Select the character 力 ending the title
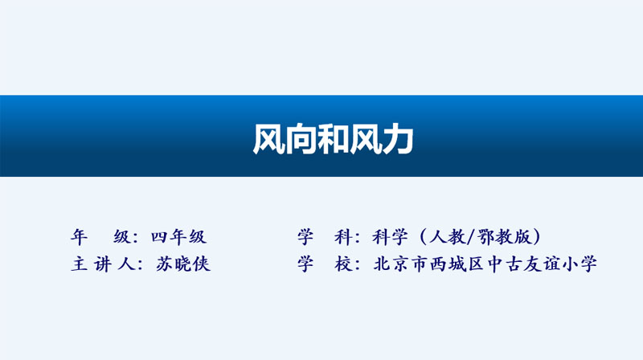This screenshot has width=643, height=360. pyautogui.click(x=398, y=139)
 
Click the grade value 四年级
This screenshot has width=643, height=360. pyautogui.click(x=178, y=237)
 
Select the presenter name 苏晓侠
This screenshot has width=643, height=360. pyautogui.click(x=183, y=264)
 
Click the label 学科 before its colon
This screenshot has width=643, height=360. pyautogui.click(x=325, y=237)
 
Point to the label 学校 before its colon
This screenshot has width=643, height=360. pyautogui.click(x=325, y=264)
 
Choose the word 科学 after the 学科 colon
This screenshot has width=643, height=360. pyautogui.click(x=390, y=237)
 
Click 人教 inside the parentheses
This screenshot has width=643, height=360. pyautogui.click(x=448, y=237)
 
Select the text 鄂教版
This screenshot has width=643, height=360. pyautogui.click(x=504, y=237)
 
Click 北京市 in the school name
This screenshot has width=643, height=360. pyautogui.click(x=400, y=264)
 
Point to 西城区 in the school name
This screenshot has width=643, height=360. pyautogui.click(x=457, y=264)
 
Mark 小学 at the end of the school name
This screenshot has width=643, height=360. pyautogui.click(x=580, y=264)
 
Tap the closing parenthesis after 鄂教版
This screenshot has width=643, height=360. pyautogui.click(x=536, y=237)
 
